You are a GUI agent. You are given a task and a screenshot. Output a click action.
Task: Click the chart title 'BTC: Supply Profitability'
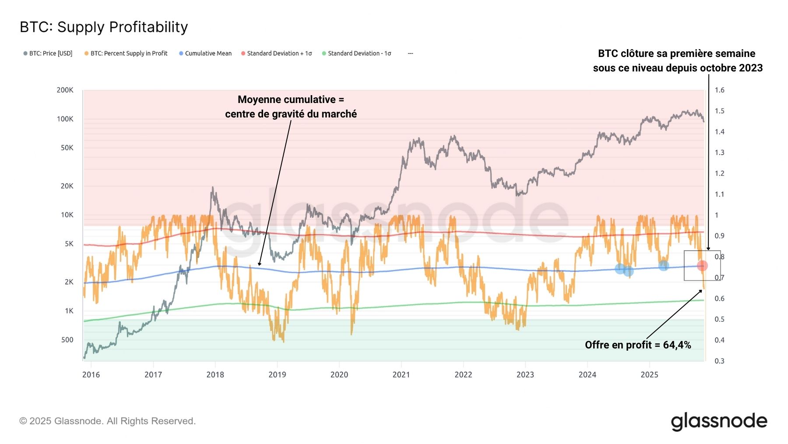point(104,27)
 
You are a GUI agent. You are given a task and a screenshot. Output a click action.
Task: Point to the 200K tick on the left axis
point(65,90)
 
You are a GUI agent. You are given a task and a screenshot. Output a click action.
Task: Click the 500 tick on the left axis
point(67,340)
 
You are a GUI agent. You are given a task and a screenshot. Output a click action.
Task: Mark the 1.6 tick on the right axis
point(719,90)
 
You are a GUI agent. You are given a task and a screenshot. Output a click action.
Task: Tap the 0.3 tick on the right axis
point(719,361)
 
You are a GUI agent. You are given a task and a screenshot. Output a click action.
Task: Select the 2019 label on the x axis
point(277,375)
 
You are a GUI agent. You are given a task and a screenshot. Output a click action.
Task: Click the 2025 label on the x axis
point(649,375)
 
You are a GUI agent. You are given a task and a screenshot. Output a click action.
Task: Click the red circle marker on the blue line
point(702,266)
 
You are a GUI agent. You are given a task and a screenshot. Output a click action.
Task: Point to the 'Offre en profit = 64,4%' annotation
point(638,345)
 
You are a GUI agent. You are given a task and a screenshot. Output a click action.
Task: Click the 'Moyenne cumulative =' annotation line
point(291,99)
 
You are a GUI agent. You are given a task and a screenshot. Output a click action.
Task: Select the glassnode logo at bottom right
point(719,421)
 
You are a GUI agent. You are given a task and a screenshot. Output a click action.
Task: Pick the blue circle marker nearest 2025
point(664,265)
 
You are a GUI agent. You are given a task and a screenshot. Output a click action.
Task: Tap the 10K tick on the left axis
point(67,215)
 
